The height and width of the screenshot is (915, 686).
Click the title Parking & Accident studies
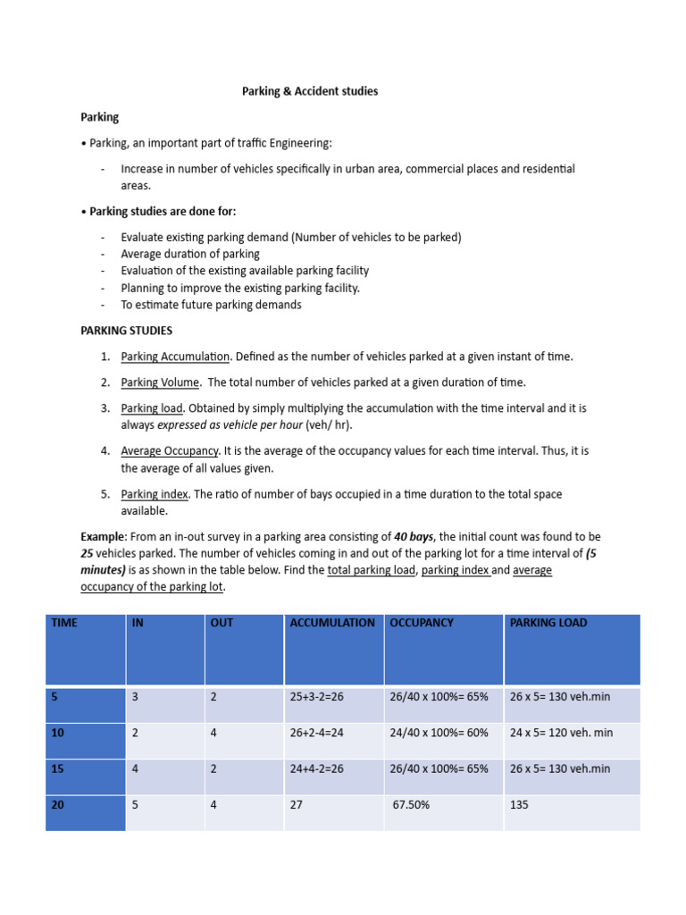pyautogui.click(x=310, y=92)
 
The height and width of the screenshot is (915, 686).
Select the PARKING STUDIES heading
pyautogui.click(x=127, y=331)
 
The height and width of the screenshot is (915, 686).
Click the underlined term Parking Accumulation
pyautogui.click(x=175, y=357)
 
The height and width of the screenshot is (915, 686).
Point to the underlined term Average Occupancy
pyautogui.click(x=170, y=451)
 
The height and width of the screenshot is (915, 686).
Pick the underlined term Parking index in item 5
pyautogui.click(x=155, y=494)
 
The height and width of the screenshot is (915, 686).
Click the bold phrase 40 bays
pyautogui.click(x=414, y=537)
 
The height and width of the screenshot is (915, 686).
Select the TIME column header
pyautogui.click(x=64, y=623)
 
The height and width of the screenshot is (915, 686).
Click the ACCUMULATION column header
pyautogui.click(x=332, y=623)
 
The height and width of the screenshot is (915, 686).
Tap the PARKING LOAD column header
pyautogui.click(x=548, y=623)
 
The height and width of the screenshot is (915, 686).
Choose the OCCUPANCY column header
pyautogui.click(x=422, y=623)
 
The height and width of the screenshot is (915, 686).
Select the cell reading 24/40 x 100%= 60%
pyautogui.click(x=439, y=733)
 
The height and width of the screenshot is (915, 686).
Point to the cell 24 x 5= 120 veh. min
pyautogui.click(x=561, y=733)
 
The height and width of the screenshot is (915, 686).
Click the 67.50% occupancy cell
pyautogui.click(x=412, y=805)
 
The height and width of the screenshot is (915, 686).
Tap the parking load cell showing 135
pyautogui.click(x=519, y=805)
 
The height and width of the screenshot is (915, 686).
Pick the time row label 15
pyautogui.click(x=58, y=768)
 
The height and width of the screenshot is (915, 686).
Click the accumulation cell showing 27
pyautogui.click(x=297, y=805)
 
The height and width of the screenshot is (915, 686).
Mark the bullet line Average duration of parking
pyautogui.click(x=190, y=254)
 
